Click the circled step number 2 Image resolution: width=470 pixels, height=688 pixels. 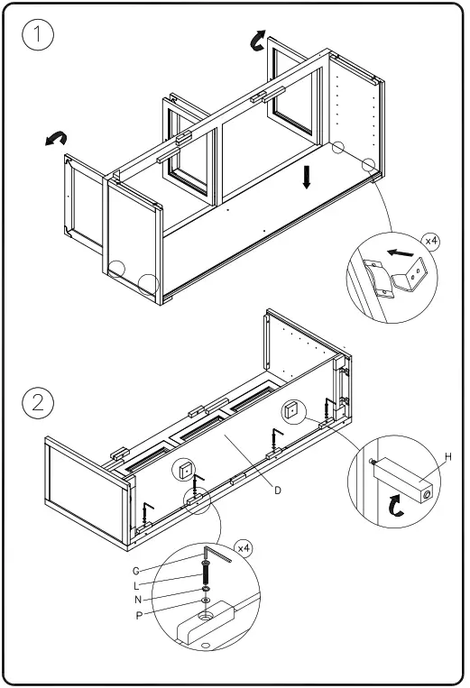37,402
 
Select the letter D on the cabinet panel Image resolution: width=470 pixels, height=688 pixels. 279,490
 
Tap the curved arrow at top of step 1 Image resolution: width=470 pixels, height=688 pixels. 258,39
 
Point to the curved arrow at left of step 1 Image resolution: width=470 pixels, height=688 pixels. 56,137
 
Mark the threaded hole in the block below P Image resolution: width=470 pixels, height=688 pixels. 206,617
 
